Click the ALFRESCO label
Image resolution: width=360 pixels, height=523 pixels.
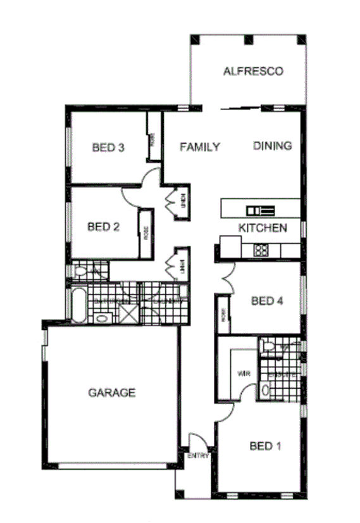(252, 71)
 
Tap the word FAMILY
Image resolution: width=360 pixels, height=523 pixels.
(200, 147)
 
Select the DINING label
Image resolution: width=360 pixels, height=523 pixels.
(273, 146)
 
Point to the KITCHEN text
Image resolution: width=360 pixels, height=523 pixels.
(263, 228)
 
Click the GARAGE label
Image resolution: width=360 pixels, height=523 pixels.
(111, 393)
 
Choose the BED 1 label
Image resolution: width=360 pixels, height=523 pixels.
(265, 446)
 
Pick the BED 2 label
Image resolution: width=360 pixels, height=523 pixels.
(103, 226)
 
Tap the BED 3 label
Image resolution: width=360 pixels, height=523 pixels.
(108, 148)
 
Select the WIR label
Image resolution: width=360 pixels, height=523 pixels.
(244, 374)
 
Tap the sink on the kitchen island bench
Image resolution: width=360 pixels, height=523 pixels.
(260, 210)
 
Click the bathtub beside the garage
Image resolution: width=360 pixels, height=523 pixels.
(78, 305)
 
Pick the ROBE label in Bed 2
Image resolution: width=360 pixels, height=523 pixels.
(146, 234)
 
